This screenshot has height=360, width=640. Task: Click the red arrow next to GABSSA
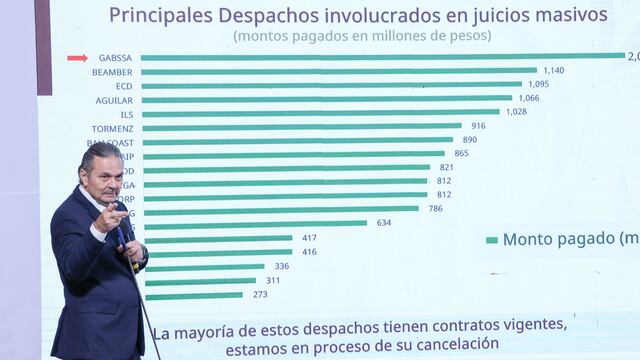tap(77, 58)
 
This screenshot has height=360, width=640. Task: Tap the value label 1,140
tap(553, 71)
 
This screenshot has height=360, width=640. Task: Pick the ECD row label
tap(123, 86)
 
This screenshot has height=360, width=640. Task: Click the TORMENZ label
tap(112, 127)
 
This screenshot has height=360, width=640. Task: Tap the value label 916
tap(478, 126)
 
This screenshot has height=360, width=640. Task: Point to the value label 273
tap(260, 295)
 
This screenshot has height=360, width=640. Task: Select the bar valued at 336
tap(204, 267)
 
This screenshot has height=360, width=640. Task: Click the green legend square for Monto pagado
tap(491, 240)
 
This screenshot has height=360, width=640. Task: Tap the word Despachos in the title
tap(262, 15)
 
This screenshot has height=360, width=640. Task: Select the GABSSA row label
tap(113, 58)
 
